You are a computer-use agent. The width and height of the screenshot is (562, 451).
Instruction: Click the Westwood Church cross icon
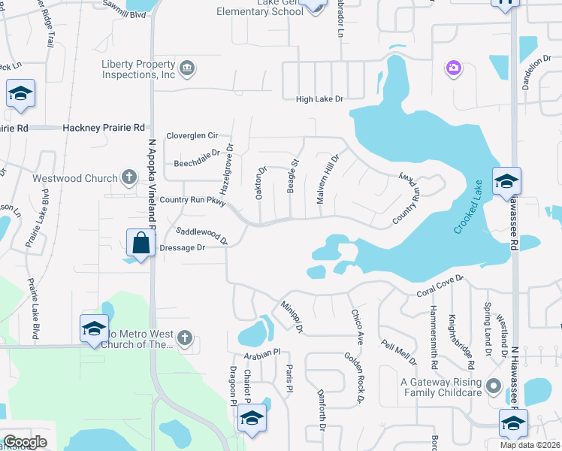pos(129,178)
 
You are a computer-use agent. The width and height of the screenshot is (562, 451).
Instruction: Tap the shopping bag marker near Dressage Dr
pos(141,244)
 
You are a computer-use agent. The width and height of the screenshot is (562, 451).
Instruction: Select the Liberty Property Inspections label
pos(138,69)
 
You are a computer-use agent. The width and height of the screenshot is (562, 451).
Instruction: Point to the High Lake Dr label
pos(319,99)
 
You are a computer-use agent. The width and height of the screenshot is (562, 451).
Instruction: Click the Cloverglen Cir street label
pos(192,136)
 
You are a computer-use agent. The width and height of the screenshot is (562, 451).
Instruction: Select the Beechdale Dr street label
pos(196,153)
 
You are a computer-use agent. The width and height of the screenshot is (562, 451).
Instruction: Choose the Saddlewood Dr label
pos(201,235)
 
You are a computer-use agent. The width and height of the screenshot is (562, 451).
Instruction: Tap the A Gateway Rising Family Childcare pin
pos(493,386)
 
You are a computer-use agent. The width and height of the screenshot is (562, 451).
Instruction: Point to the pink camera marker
pos(453,69)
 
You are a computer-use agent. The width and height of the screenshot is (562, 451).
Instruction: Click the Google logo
pos(25,442)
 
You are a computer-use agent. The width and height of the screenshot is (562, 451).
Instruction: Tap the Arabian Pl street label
pos(261,352)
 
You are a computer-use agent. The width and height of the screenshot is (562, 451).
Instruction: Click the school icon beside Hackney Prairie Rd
pos(21,94)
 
